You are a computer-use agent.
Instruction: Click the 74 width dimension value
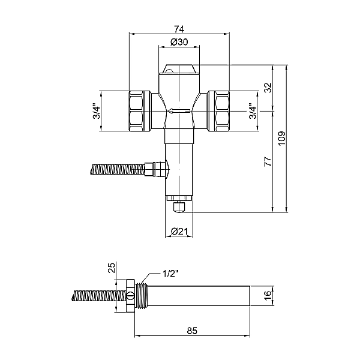(x=179, y=29)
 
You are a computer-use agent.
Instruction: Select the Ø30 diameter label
(x=179, y=42)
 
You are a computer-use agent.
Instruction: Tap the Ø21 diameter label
(x=179, y=232)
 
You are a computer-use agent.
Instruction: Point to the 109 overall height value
(x=281, y=138)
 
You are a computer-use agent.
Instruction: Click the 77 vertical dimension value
(x=268, y=161)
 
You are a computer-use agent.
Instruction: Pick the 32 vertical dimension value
(x=268, y=88)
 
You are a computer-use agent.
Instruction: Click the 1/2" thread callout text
(x=170, y=274)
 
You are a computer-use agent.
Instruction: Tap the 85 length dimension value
(x=192, y=331)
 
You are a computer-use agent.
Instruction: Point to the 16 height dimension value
(x=268, y=296)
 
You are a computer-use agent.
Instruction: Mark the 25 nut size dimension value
(x=112, y=268)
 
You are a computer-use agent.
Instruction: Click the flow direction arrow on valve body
(x=179, y=112)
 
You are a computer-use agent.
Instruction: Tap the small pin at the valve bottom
(x=179, y=207)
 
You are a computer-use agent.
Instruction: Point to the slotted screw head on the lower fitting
(x=130, y=296)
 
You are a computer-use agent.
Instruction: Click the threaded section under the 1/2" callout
(x=141, y=296)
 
